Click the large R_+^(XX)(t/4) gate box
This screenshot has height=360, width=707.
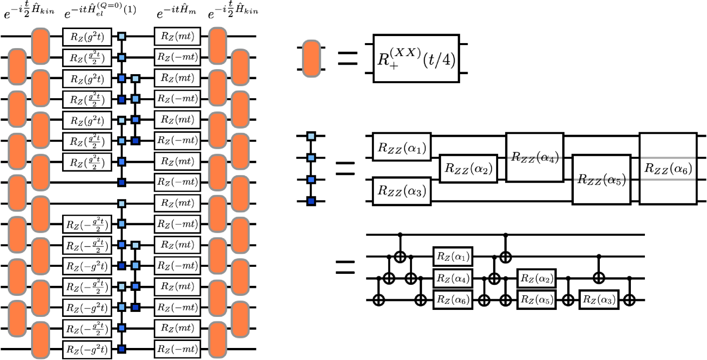(416, 59)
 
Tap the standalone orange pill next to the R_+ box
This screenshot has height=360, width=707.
(311, 59)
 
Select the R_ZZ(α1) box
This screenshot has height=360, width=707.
(402, 147)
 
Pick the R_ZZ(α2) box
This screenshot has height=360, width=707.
(468, 169)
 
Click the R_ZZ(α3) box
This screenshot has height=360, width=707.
(402, 190)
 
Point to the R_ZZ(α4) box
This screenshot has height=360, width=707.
(534, 157)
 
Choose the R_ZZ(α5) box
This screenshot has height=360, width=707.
(601, 179)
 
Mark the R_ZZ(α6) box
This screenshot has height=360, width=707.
(668, 168)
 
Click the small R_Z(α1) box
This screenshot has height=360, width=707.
(453, 256)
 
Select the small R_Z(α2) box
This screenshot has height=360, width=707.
(537, 278)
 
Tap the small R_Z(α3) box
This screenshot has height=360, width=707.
(598, 300)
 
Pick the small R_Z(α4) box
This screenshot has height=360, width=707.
(453, 278)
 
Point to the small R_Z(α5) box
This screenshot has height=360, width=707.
(537, 300)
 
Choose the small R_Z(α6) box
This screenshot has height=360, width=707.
(453, 300)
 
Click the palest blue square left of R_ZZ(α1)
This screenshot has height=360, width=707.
(311, 136)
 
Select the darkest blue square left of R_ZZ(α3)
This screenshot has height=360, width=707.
(311, 201)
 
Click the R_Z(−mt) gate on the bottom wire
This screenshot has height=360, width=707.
(177, 349)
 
